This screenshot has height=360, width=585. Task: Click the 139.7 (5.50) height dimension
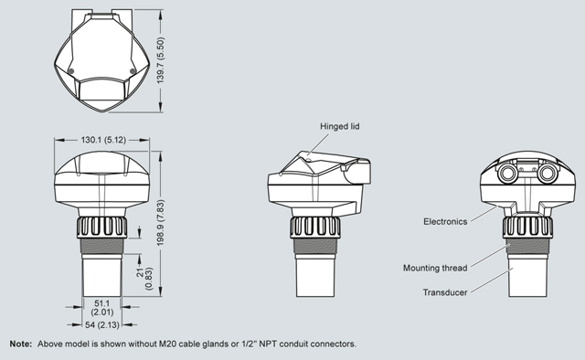click(161, 60)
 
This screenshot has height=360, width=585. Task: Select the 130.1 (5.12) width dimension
click(103, 140)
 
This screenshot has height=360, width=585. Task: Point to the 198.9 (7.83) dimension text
click(161, 223)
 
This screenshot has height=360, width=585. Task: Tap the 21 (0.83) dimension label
click(144, 279)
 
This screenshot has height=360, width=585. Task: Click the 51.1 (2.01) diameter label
click(101, 308)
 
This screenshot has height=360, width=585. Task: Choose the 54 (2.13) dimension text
click(101, 325)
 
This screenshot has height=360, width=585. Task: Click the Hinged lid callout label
click(339, 126)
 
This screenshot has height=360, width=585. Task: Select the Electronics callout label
click(445, 222)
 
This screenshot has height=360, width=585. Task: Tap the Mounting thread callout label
click(435, 268)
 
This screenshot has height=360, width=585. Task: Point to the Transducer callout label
click(445, 292)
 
